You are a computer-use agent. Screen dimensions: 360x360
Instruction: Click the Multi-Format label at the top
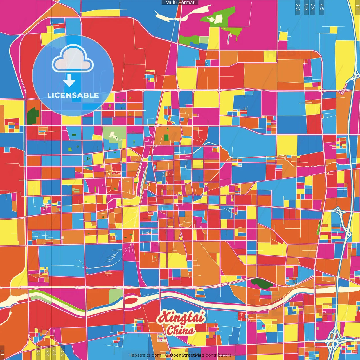(180, 3)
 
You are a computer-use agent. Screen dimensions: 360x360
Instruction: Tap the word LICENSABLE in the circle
(73, 95)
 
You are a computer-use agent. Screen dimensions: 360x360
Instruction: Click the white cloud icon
(73, 59)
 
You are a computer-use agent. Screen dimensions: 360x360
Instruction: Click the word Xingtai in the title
(181, 317)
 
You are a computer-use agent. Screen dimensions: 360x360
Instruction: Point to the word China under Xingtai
(180, 330)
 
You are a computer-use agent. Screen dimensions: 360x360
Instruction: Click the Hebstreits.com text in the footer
(145, 355)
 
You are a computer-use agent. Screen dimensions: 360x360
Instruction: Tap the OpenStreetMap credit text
(187, 355)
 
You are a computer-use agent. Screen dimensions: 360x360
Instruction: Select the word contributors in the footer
(219, 355)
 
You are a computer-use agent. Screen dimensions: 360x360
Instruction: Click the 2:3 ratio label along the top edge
(298, 7)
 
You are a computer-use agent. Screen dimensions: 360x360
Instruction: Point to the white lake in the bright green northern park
(217, 19)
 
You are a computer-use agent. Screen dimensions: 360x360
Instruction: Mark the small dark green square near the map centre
(166, 138)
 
